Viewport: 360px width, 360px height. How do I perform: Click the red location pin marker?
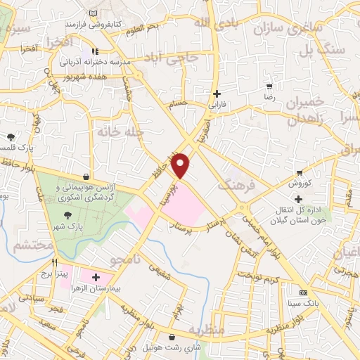pos(181,166)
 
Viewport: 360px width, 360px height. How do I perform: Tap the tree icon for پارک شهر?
pos(67,217)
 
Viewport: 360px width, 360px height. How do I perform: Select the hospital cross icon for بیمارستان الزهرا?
pos(96,278)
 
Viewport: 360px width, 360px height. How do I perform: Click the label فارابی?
pos(217,105)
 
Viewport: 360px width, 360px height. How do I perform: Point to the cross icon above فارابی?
pos(217,94)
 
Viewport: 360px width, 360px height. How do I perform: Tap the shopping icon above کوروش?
pos(300,172)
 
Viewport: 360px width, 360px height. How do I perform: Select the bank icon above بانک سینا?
pos(304,292)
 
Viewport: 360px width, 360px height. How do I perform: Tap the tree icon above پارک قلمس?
pos(11,137)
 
